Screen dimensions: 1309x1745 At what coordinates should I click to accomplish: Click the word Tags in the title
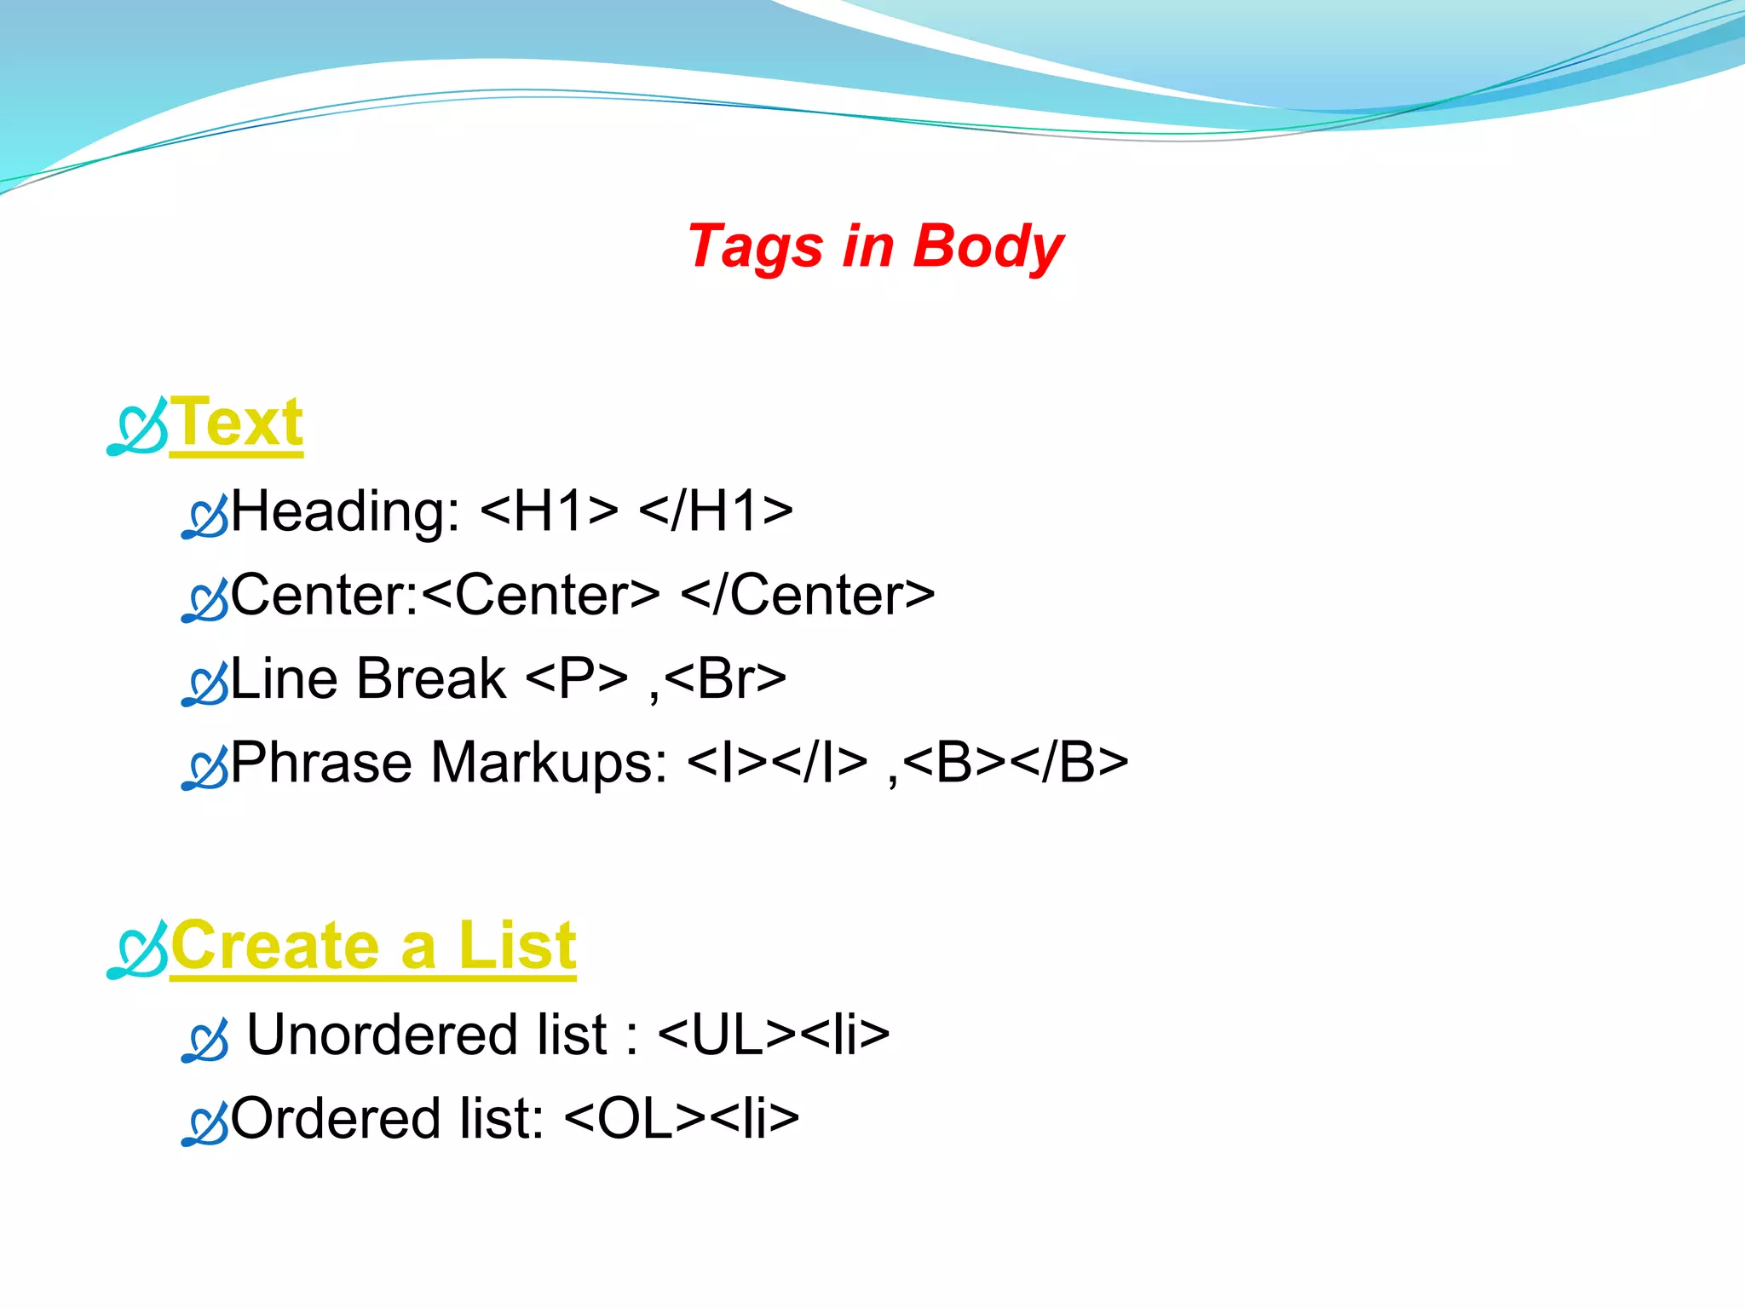tap(754, 248)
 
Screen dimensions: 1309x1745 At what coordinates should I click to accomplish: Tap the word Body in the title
tap(988, 248)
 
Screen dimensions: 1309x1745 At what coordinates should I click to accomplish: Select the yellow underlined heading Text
tap(237, 424)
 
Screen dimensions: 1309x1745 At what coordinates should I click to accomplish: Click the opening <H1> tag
tap(550, 511)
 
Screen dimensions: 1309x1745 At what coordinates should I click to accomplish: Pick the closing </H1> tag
tap(716, 511)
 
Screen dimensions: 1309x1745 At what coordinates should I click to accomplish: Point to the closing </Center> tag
tap(808, 595)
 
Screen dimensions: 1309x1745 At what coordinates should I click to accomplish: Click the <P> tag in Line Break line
tap(577, 679)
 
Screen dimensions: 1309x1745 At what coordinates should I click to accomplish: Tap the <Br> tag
tap(725, 679)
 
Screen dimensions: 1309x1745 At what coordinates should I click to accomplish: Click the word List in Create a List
tap(517, 946)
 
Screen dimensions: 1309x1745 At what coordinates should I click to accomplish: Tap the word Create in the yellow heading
tap(274, 946)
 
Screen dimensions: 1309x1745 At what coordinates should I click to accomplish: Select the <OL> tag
tap(635, 1119)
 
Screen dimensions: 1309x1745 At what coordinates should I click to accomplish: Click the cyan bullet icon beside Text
tap(137, 427)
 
